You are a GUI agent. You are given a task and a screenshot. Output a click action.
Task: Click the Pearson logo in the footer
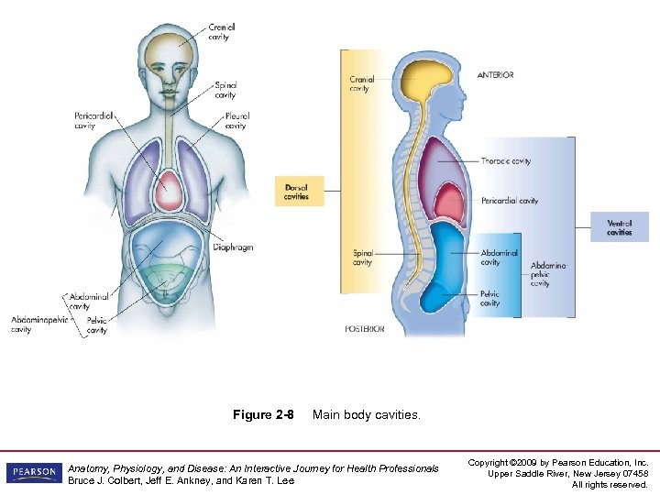34,472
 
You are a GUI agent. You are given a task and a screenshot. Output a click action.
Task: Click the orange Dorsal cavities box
298,192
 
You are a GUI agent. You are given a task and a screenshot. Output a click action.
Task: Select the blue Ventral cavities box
621,227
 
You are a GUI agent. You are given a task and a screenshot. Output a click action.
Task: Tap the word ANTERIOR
496,75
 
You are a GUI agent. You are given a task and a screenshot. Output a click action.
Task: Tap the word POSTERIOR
365,328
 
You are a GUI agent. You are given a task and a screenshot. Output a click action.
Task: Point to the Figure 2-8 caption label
263,415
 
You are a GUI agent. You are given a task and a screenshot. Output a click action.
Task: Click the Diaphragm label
233,247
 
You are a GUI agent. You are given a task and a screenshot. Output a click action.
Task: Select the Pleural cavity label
236,121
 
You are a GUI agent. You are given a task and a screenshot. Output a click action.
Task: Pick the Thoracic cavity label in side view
505,161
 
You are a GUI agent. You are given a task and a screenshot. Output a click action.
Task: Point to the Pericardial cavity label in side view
509,201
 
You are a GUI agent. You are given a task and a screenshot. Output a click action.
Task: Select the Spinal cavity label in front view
225,90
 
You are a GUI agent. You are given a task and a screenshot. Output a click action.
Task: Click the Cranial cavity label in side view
361,84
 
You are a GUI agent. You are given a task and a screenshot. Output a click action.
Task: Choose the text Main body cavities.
367,415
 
